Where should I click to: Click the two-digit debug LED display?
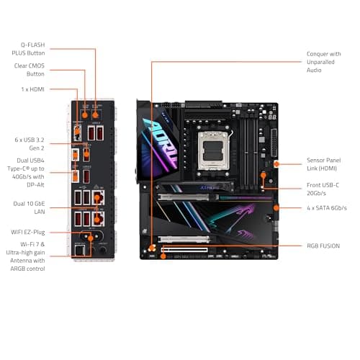tap(271, 114)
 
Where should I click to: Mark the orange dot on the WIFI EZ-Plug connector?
tap(89, 234)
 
